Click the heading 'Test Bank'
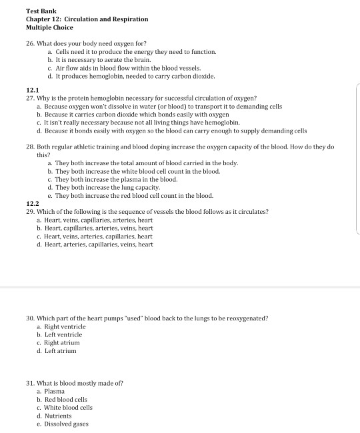tap(41, 11)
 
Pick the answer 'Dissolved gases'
tap(67, 424)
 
